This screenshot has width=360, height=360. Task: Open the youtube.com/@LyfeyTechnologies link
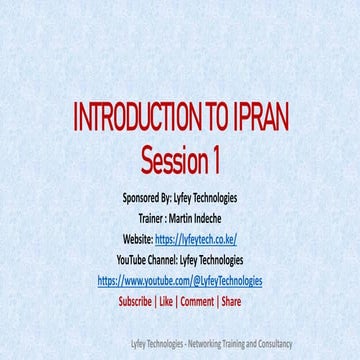(180, 281)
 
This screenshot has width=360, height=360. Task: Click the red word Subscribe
(135, 301)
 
